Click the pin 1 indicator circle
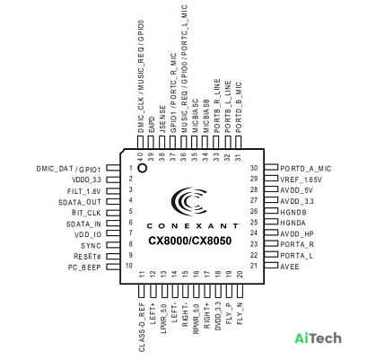143,168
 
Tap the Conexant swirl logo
189,201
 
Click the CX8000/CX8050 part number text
190,241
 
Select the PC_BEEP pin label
84,268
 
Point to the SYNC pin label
91,246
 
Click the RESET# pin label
87,257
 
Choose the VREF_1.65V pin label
301,180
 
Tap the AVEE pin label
290,267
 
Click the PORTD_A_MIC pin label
306,169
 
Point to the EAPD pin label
152,125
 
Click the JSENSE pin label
162,119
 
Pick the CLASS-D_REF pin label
142,327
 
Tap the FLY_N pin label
240,313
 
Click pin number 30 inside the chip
254,168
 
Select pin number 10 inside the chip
129,266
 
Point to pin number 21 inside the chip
254,266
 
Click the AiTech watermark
318,338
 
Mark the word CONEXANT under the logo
193,226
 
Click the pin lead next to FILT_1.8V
113,190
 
